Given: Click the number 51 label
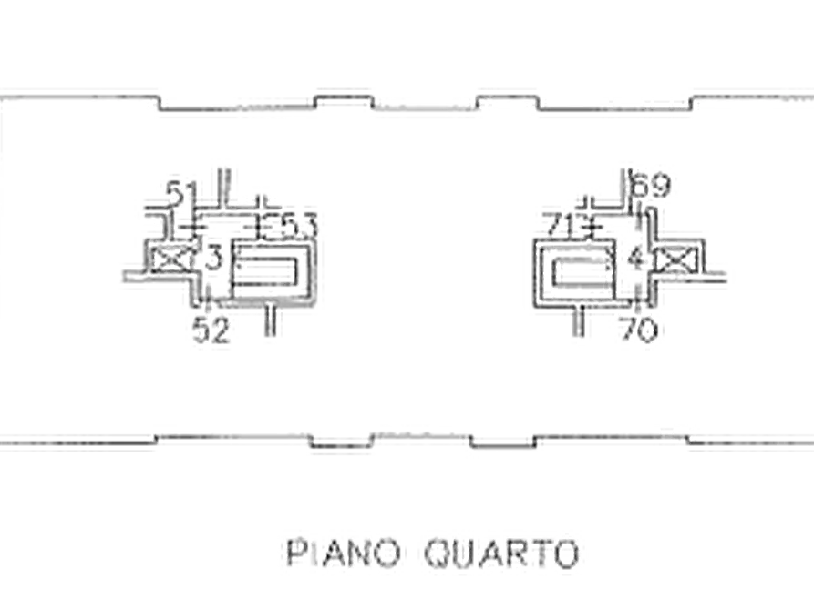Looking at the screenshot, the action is coord(181,193).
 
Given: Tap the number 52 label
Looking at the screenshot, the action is coord(211,330).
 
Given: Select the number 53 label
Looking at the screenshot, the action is coord(299,226).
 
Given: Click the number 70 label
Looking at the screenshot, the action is coord(640,329).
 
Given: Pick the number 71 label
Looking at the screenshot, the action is coord(562,226).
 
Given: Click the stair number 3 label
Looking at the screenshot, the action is coord(213,259).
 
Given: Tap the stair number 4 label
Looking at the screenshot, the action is coord(636,258).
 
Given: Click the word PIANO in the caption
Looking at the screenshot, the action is coord(343,553).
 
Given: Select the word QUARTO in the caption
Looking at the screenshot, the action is coord(501,554).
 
